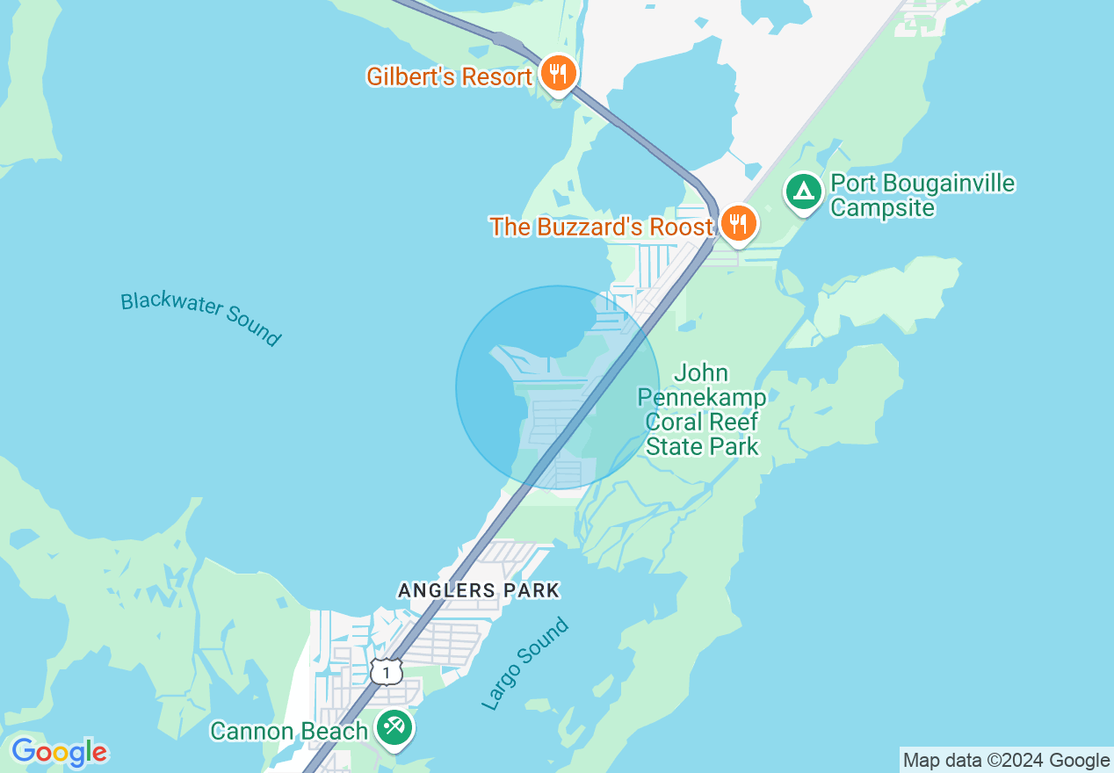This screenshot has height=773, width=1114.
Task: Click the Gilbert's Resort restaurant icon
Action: point(559,73)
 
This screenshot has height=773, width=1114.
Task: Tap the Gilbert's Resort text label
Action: point(449,77)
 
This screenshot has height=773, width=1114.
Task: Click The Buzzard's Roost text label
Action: point(602,227)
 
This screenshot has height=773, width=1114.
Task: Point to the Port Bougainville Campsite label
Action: point(922,196)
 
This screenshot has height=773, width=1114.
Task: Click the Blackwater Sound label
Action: point(201,318)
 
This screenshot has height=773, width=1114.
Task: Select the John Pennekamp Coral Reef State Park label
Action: point(702,410)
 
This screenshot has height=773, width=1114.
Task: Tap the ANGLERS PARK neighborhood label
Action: point(479,590)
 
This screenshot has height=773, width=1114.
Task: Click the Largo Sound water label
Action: point(525,664)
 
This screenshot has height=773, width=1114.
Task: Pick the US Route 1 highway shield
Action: point(386,672)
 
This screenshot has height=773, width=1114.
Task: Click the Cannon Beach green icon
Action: point(395,727)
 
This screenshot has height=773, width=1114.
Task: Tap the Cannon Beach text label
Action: point(289,731)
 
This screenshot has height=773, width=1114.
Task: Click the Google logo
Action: point(59,752)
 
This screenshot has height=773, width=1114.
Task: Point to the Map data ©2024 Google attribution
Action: point(1006,761)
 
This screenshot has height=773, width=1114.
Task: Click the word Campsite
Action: point(883,208)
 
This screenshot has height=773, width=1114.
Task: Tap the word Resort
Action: point(498,77)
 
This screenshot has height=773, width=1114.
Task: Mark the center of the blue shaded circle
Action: point(558,387)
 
